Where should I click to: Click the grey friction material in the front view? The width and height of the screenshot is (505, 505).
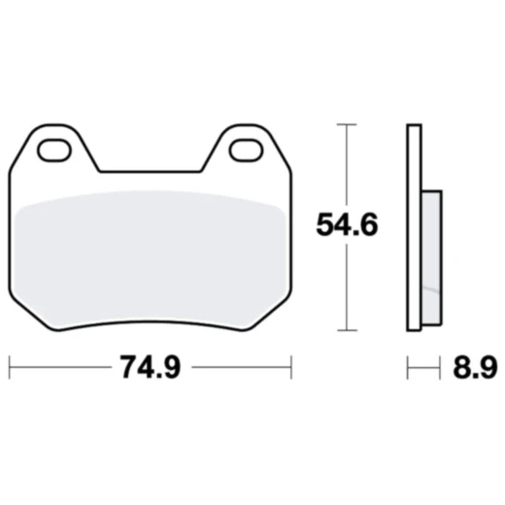pos(151,257)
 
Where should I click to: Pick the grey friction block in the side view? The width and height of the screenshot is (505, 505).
pos(431,257)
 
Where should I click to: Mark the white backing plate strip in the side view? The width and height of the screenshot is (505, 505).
pos(414,228)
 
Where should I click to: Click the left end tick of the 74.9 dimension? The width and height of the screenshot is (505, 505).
pos(10,367)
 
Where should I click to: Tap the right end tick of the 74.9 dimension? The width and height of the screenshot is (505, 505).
pos(291,367)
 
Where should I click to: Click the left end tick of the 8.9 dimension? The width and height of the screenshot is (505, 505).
pos(408,367)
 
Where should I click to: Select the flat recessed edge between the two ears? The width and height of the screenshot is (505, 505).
pos(151,173)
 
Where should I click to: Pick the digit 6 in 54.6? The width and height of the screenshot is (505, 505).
pos(370,226)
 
